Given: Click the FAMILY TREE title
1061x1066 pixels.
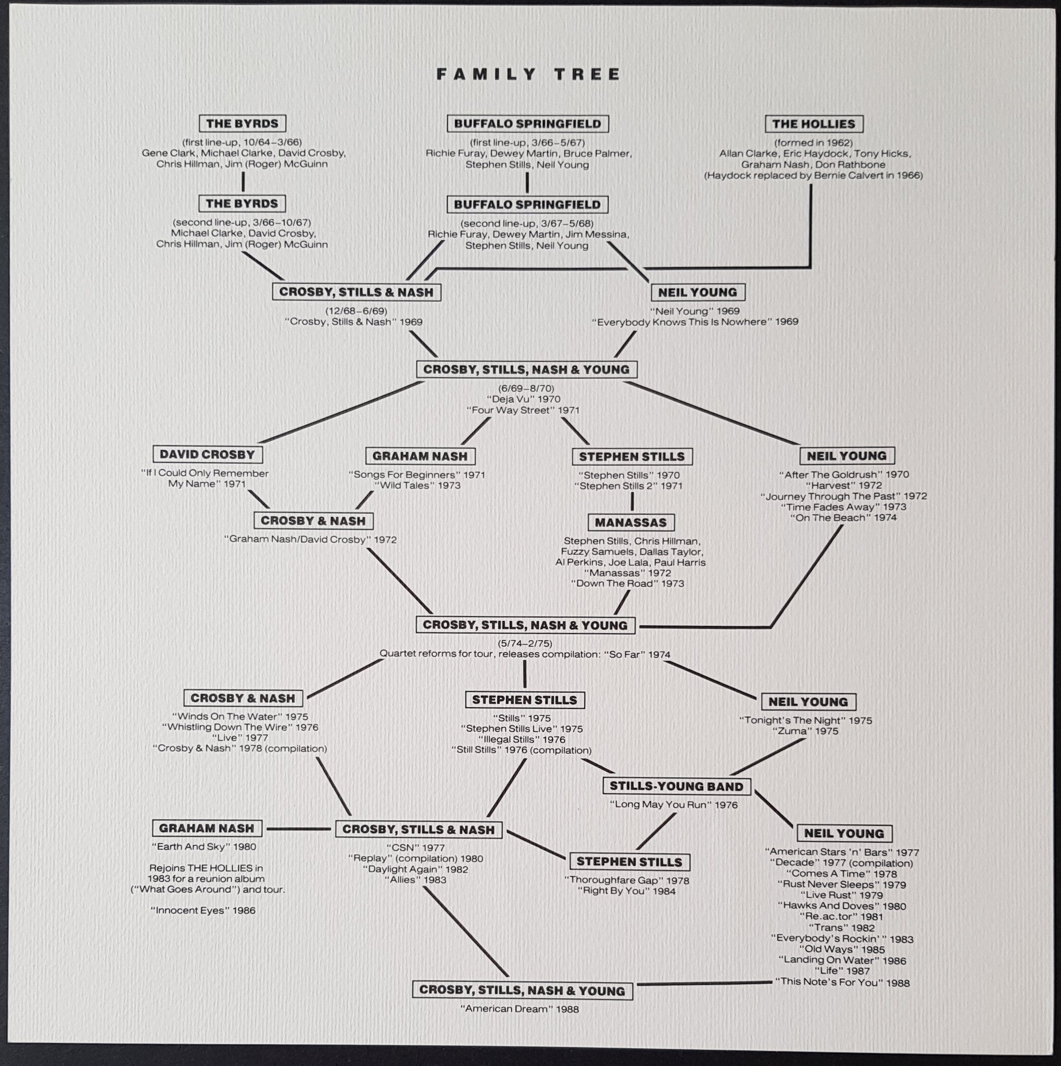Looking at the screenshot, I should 528,74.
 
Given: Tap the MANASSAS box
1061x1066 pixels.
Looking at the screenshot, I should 630,523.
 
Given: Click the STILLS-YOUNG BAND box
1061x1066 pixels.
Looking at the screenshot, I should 676,786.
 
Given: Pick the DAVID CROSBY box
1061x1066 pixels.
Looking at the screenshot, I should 207,454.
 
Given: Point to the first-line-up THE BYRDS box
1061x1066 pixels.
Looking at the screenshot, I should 242,123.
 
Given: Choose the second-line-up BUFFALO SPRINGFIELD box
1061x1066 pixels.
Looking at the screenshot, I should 527,205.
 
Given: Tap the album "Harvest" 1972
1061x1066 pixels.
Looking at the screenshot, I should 843,486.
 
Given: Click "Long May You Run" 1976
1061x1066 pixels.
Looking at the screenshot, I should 673,805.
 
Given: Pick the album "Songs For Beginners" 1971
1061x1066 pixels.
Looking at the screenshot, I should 416,475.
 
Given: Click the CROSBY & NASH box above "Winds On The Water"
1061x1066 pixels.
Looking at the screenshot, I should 243,698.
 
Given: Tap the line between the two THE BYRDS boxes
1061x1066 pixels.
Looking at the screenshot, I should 243,182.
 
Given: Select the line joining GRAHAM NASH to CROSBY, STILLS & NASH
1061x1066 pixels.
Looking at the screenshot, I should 298,829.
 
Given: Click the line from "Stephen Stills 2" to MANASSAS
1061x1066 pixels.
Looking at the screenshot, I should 631,502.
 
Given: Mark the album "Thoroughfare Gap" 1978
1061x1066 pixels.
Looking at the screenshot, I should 626,881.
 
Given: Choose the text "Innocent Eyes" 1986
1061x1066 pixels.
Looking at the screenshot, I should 203,910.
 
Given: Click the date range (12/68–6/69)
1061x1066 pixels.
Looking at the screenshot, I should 356,311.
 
